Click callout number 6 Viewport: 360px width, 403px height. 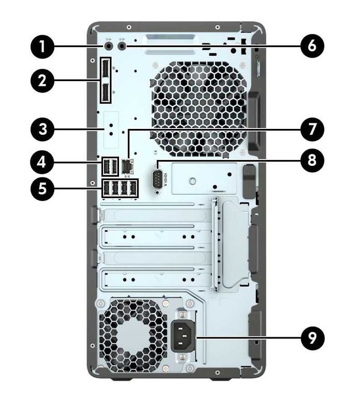click(x=312, y=45)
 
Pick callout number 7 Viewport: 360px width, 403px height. click(x=312, y=129)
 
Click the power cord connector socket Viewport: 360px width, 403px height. click(x=186, y=336)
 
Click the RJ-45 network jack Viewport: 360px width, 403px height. click(x=128, y=166)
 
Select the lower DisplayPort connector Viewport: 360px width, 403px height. click(x=107, y=92)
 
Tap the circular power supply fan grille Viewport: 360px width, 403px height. click(x=131, y=335)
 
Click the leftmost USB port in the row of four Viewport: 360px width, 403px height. click(x=106, y=188)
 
